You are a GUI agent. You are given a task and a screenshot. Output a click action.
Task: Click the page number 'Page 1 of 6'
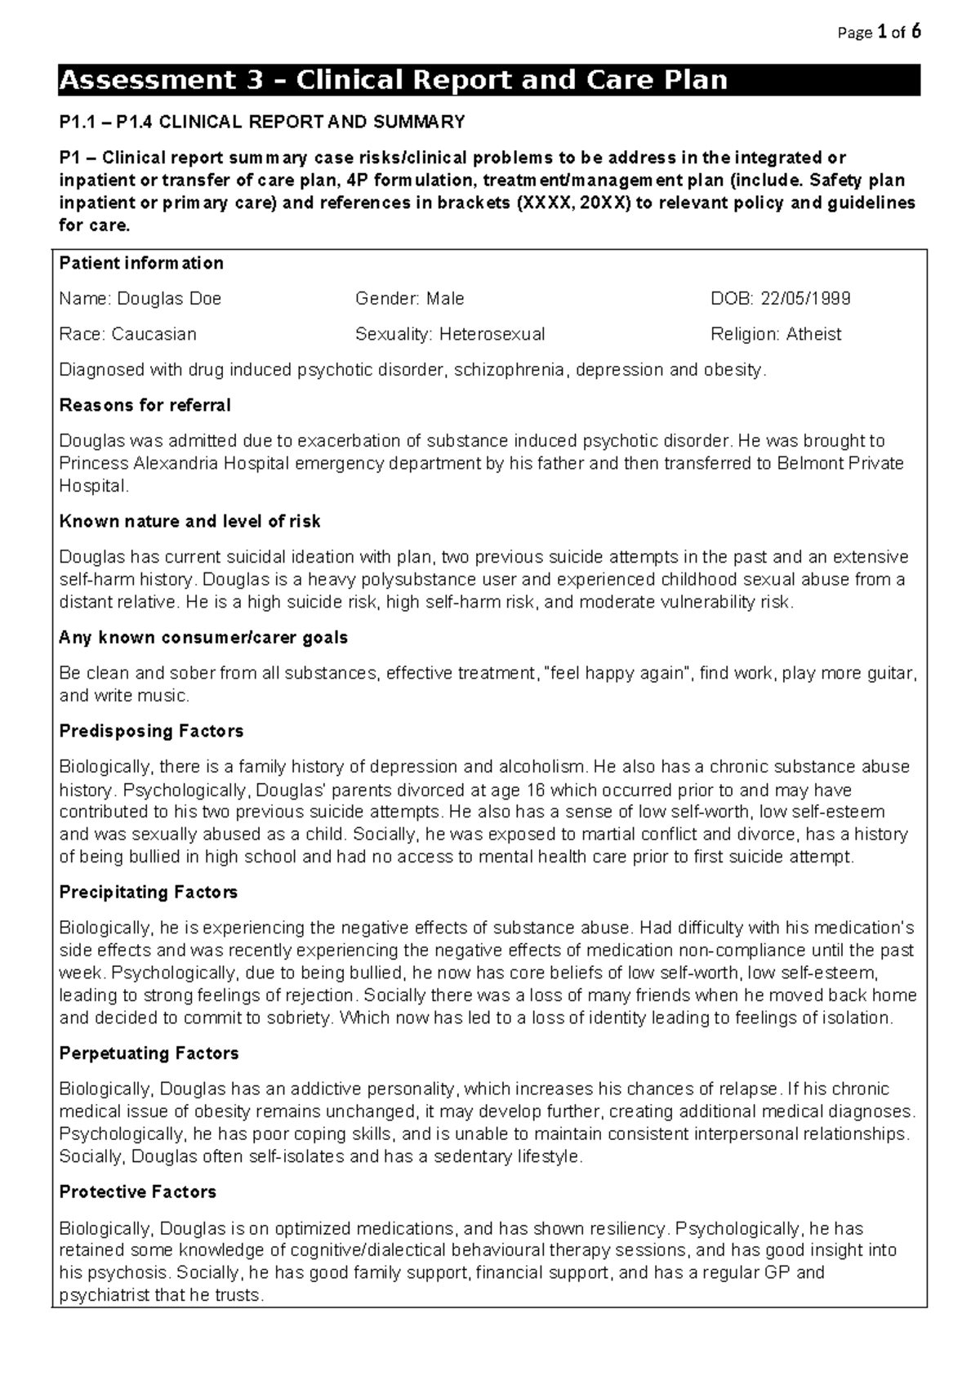tap(879, 33)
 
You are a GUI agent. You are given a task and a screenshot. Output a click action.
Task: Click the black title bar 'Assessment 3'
tap(488, 80)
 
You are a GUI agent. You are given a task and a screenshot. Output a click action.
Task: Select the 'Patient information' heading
tap(141, 263)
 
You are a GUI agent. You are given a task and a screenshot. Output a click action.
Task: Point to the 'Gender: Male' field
tap(409, 299)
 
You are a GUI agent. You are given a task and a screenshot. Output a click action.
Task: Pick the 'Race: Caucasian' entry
tap(127, 334)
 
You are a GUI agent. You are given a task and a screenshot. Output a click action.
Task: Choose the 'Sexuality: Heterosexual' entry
tap(450, 334)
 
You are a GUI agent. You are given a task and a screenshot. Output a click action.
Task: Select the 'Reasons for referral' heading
tap(145, 405)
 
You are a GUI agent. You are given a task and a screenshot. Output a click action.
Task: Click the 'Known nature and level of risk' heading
tap(189, 521)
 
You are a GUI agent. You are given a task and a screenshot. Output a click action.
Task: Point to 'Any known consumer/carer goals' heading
tap(203, 638)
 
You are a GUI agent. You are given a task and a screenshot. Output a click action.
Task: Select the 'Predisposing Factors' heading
tap(151, 731)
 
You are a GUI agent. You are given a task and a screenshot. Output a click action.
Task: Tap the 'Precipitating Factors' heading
tap(148, 892)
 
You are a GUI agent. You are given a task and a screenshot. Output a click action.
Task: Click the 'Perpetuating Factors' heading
tap(149, 1053)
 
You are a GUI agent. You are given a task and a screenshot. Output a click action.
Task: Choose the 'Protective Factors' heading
tap(137, 1192)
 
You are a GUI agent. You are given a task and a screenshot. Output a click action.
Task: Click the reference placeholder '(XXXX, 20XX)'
tap(571, 203)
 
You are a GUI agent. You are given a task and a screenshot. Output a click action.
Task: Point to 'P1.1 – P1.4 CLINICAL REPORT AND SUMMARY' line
tap(262, 122)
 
